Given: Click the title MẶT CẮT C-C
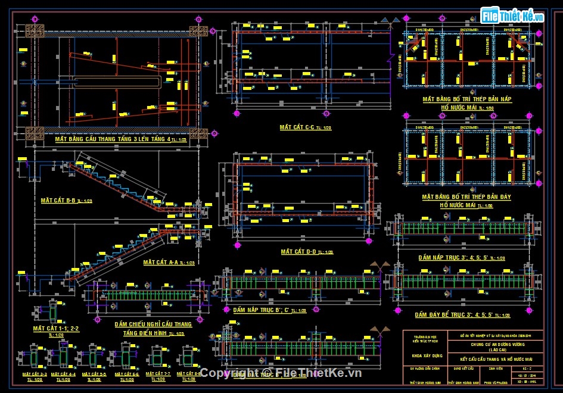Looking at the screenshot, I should coord(297,127).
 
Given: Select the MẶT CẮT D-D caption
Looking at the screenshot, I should coord(297,252).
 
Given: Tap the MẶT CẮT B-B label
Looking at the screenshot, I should coord(58,201).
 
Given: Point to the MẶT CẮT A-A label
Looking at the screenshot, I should coord(160,262).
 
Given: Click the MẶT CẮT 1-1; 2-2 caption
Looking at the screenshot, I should coord(56,328).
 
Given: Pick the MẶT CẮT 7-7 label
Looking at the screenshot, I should coord(158,374).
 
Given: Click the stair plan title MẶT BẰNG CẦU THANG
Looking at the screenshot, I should coord(112,139).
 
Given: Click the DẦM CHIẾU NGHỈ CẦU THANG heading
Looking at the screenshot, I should coord(153,325).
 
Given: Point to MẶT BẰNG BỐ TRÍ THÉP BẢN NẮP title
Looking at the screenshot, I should coord(466,99).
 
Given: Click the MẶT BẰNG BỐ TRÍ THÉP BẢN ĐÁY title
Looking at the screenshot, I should coord(466,196).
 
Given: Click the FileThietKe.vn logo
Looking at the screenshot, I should coord(514,16).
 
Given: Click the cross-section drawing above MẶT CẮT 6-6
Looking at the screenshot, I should coord(127,357).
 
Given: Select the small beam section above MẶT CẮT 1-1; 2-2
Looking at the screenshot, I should coord(54,311).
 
